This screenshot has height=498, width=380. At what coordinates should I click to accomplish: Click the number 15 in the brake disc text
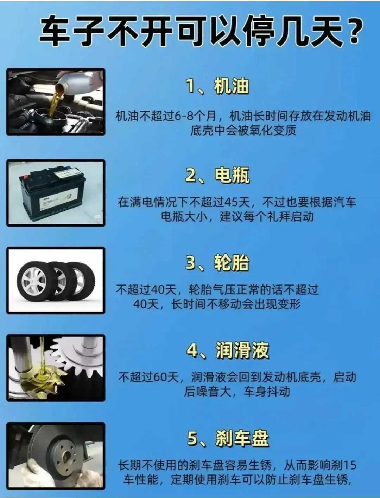pos(350,465)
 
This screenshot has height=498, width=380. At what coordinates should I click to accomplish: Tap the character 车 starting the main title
pos(54,31)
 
